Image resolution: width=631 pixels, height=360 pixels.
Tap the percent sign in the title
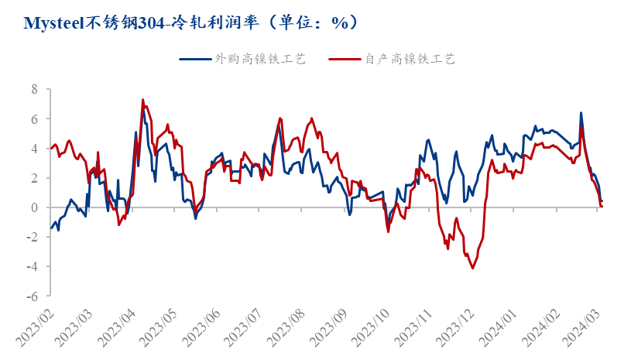(x=339, y=23)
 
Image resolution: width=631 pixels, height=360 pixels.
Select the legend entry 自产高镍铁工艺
(x=410, y=59)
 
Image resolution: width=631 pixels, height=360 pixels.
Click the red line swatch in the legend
(x=345, y=59)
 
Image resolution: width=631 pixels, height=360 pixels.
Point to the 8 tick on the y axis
(x=35, y=90)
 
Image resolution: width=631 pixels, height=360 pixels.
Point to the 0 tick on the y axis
(x=35, y=207)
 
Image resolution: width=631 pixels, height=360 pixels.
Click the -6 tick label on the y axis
(x=33, y=296)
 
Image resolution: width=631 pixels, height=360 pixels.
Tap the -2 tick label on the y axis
(x=33, y=237)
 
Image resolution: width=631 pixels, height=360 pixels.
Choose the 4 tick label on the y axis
(x=35, y=149)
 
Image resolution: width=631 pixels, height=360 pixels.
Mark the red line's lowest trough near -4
(x=473, y=268)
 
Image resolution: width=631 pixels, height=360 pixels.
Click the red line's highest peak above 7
(x=142, y=100)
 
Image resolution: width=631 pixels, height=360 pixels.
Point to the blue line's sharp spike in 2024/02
(x=581, y=113)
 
